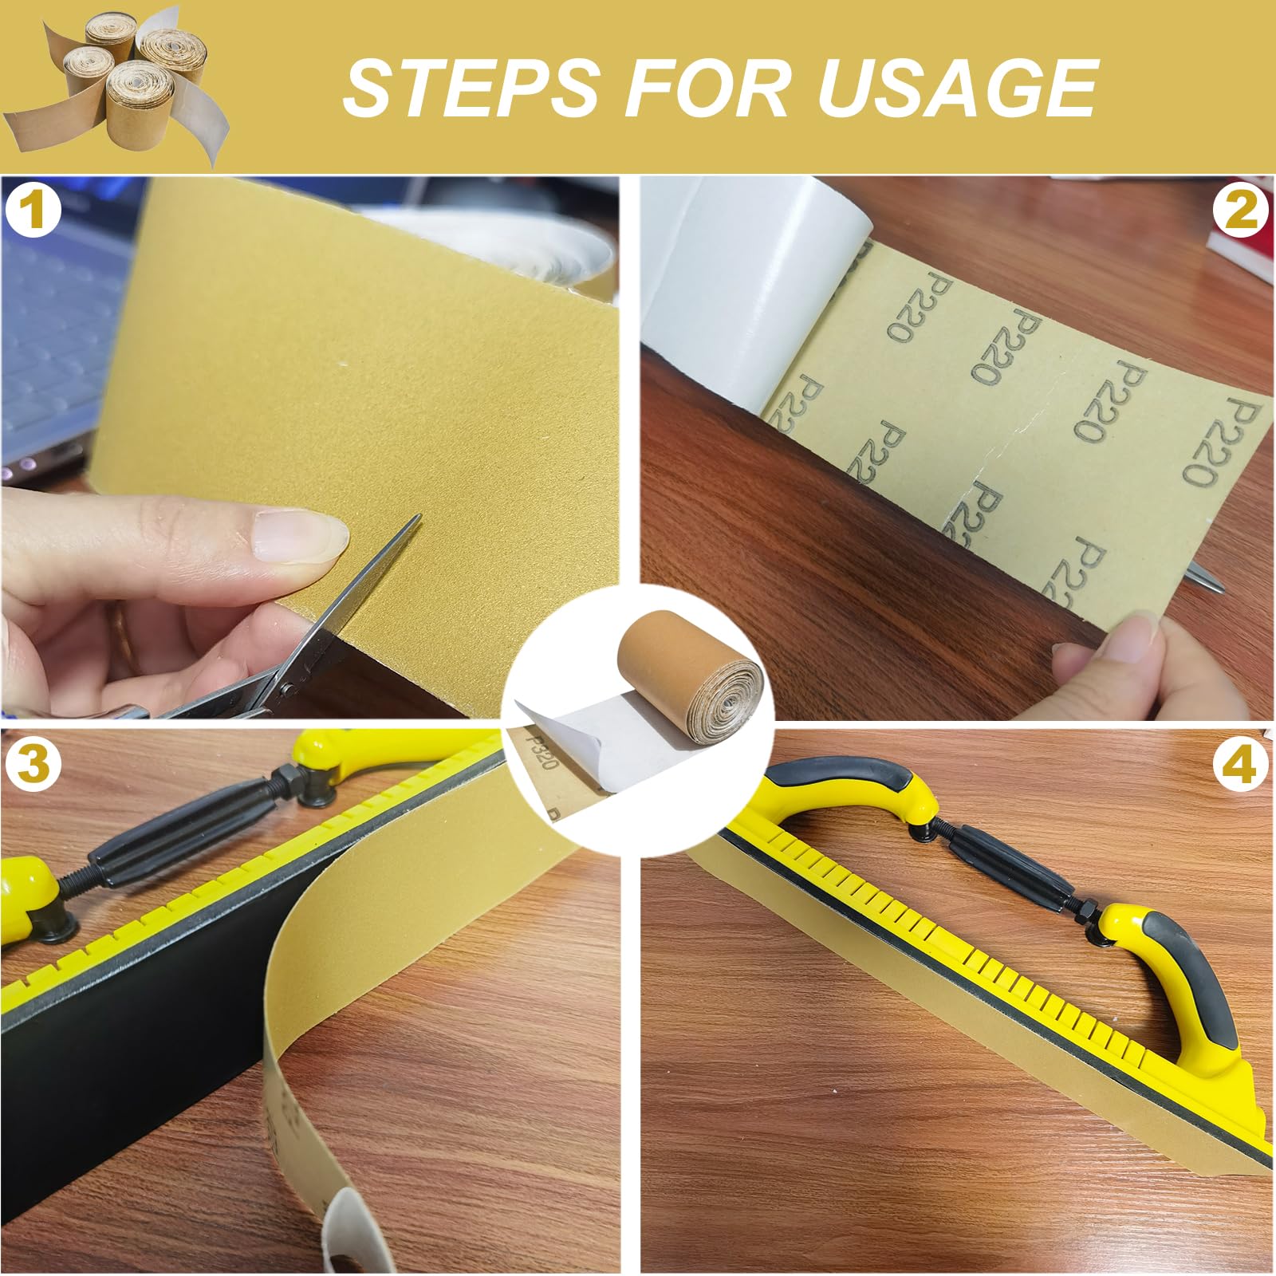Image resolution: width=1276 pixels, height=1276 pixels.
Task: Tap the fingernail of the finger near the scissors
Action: [x=297, y=535]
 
